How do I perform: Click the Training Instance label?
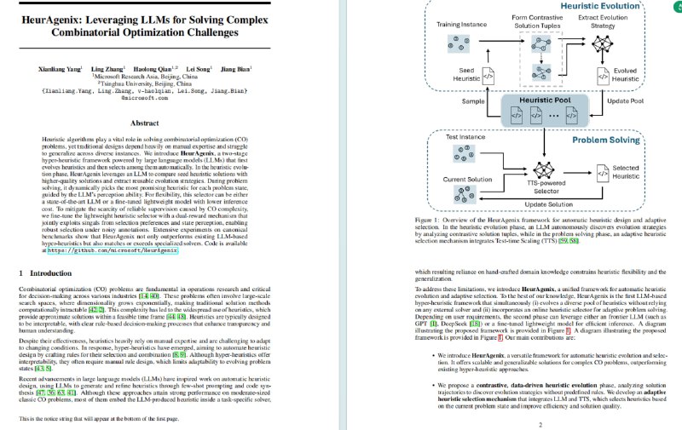click(x=461, y=25)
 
